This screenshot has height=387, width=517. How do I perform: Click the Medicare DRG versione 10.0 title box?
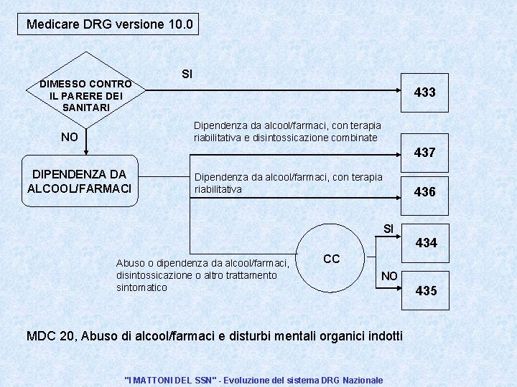pyautogui.click(x=109, y=24)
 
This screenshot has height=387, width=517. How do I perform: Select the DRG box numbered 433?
pyautogui.click(x=424, y=92)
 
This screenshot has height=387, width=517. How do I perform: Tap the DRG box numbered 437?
pyautogui.click(x=424, y=153)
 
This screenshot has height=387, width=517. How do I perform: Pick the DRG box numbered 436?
pyautogui.click(x=424, y=192)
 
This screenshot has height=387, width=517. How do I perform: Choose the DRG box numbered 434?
pyautogui.click(x=426, y=243)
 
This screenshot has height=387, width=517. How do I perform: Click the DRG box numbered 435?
pyautogui.click(x=426, y=291)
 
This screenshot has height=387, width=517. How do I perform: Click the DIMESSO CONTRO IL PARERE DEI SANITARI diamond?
pyautogui.click(x=85, y=95)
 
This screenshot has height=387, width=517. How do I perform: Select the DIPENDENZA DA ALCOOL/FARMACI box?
pyautogui.click(x=80, y=181)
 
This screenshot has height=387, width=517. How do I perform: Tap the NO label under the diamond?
pyautogui.click(x=70, y=137)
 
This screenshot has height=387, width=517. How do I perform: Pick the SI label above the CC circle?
pyautogui.click(x=388, y=229)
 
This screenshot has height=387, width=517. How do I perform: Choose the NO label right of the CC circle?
pyautogui.click(x=389, y=275)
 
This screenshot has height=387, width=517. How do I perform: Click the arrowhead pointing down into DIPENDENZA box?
pyautogui.click(x=86, y=151)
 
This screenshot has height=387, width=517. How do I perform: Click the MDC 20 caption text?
pyautogui.click(x=214, y=336)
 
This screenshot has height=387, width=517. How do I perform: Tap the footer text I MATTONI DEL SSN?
pyautogui.click(x=253, y=380)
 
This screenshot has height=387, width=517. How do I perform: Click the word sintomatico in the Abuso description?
pyautogui.click(x=141, y=287)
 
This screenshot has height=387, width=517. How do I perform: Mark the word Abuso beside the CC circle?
pyautogui.click(x=130, y=263)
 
